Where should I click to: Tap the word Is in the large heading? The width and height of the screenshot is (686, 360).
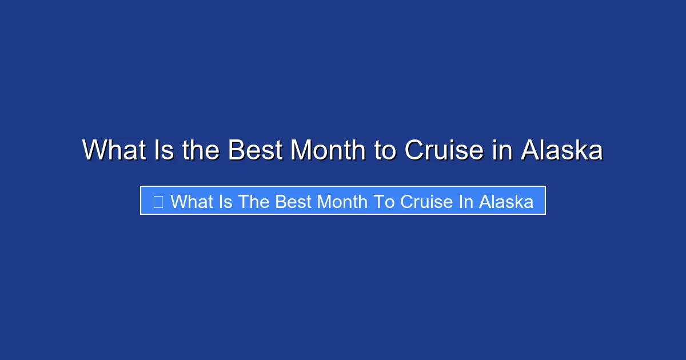pyautogui.click(x=161, y=150)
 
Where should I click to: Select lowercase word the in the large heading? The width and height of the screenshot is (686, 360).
pyautogui.click(x=201, y=150)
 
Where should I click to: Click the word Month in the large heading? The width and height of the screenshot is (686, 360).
pyautogui.click(x=328, y=150)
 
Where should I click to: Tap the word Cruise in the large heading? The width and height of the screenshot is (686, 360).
pyautogui.click(x=444, y=150)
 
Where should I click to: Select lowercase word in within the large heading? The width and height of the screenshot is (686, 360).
pyautogui.click(x=501, y=150)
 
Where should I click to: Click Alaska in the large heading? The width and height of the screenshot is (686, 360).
pyautogui.click(x=562, y=150)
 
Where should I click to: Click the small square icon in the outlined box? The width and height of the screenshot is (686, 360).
pyautogui.click(x=158, y=201)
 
